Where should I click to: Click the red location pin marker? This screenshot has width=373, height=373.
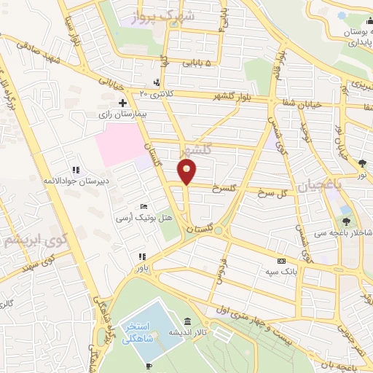pos(187,172)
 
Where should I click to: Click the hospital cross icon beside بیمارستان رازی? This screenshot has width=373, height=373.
pos(123,103)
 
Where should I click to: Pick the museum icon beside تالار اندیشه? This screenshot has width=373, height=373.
pos(187,321)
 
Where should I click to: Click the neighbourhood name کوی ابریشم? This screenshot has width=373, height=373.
pos(31,239)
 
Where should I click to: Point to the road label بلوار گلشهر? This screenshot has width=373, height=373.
pos(219,97)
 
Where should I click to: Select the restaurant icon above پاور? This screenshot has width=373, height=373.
pos(142,256)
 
